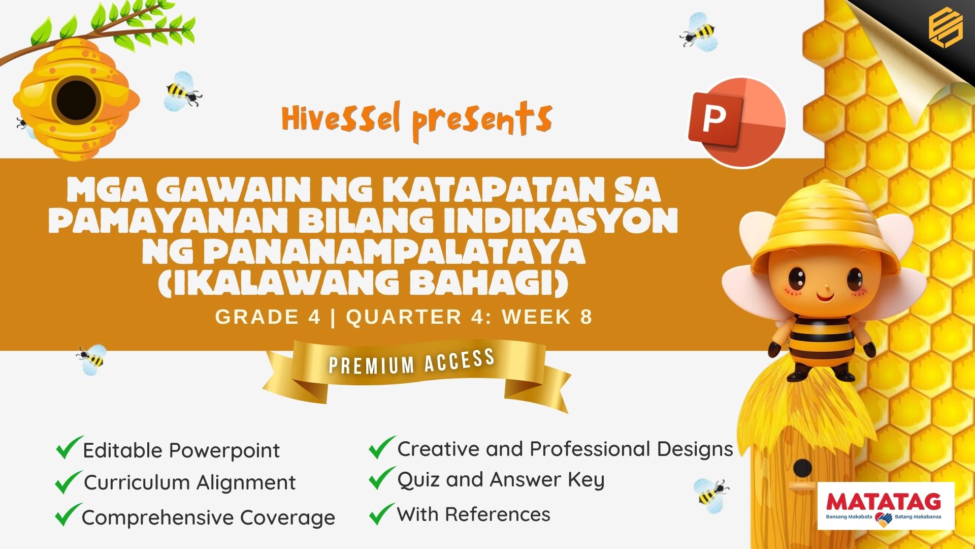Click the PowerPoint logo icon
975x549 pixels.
pos(736,122)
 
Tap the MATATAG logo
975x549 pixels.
pos(886,506)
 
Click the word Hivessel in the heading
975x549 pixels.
pos(341,119)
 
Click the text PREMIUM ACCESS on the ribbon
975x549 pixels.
pos(412,361)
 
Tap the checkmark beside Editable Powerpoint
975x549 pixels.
pos(69,447)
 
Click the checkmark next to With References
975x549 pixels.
pos(382,513)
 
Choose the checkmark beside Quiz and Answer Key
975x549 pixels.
pos(382,478)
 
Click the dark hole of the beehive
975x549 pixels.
pos(76,100)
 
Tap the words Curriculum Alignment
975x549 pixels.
pos(189,482)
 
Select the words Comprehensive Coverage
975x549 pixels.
pos(208,517)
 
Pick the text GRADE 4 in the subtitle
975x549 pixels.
pos(268,317)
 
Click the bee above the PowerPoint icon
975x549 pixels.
pos(700,33)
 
